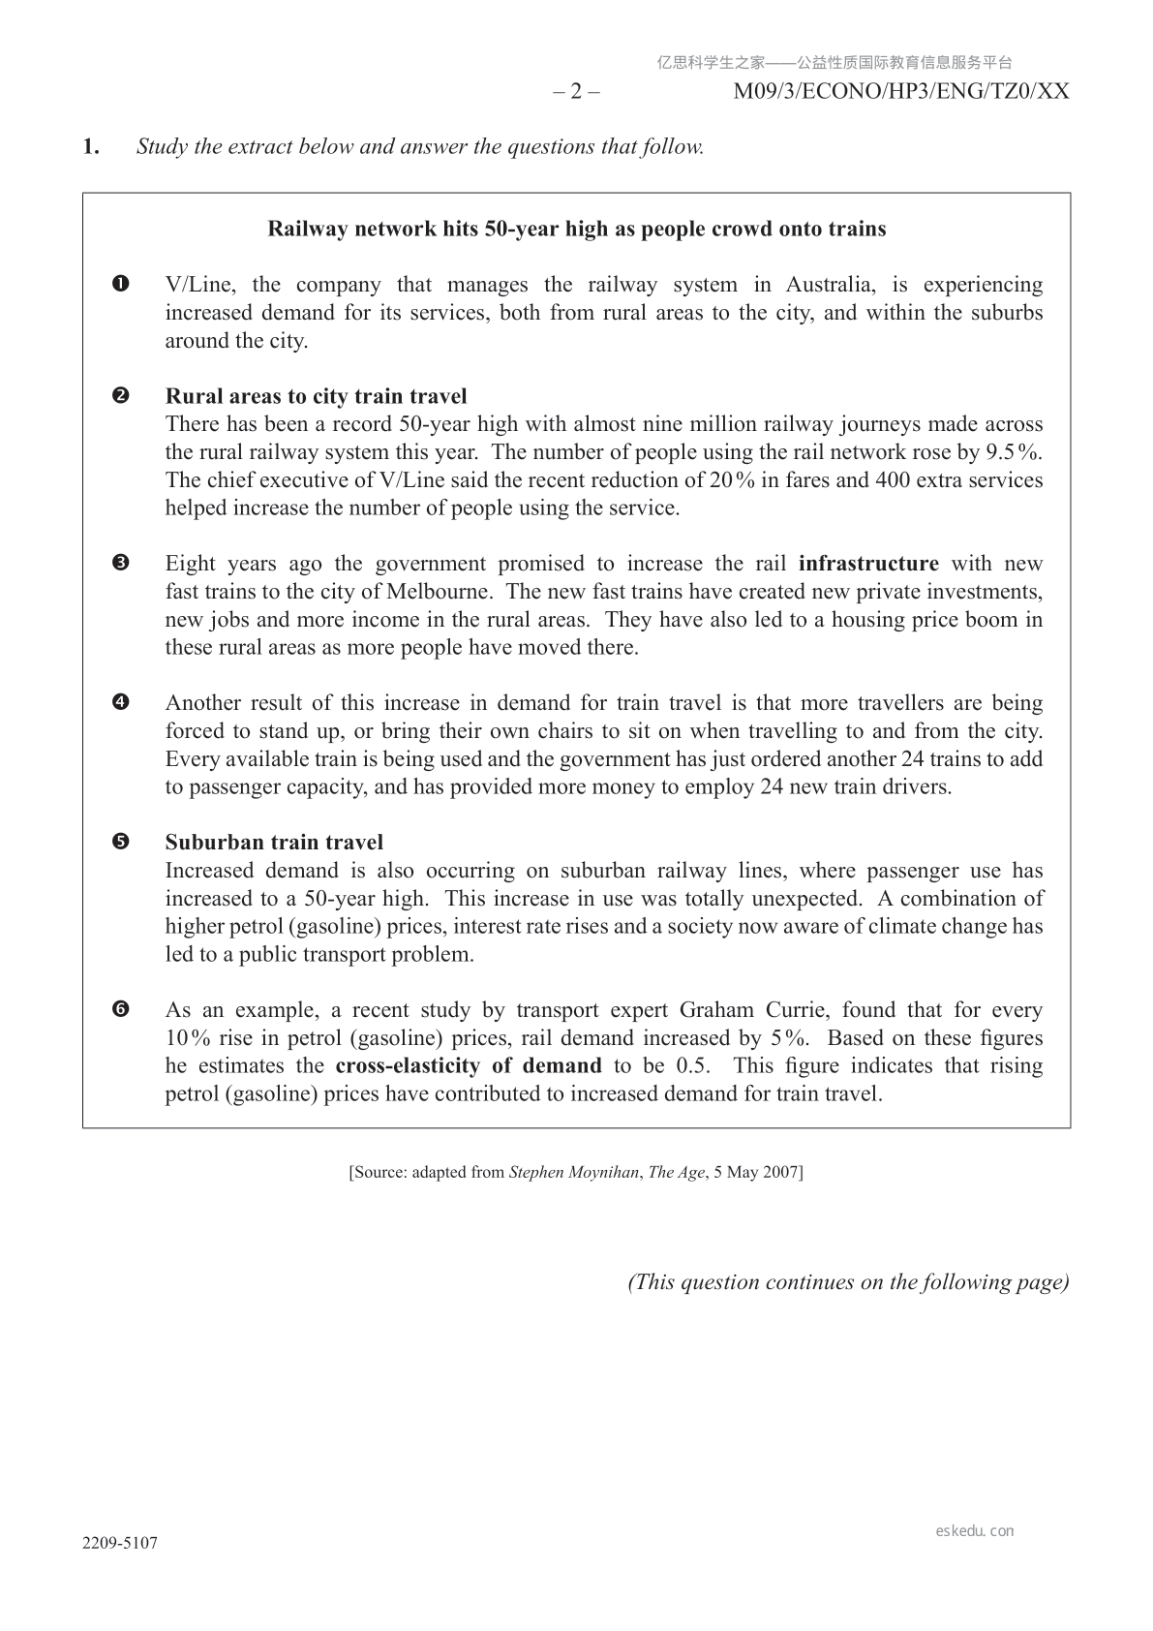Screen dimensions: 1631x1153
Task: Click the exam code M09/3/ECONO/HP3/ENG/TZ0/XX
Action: coord(901,92)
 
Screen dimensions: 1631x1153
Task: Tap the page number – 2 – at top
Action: coord(576,92)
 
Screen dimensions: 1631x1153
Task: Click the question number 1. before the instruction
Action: coord(91,147)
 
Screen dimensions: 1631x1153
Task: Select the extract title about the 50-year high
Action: coord(576,230)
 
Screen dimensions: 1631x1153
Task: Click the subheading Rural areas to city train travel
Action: coord(316,396)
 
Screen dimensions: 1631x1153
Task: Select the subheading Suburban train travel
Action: coord(274,843)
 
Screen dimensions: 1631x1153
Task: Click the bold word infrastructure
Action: coord(868,564)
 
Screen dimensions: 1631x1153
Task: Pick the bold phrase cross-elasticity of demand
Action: coord(469,1066)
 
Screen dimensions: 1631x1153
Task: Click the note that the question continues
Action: coord(848,1282)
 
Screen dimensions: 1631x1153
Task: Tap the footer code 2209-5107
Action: coord(120,1543)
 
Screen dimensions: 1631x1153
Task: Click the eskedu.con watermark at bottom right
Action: coord(975,1531)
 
